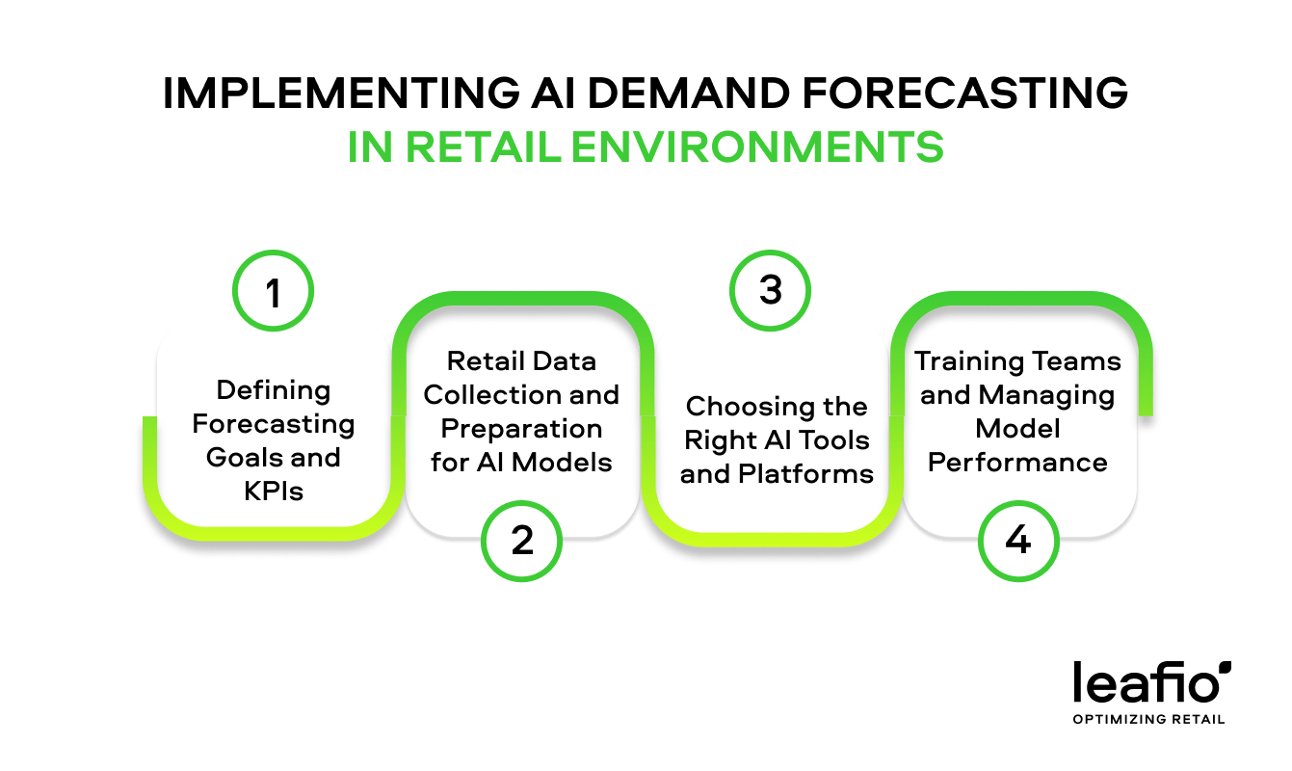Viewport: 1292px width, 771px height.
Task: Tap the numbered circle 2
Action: pyautogui.click(x=521, y=542)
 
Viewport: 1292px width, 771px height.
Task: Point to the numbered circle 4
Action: pyautogui.click(x=1017, y=542)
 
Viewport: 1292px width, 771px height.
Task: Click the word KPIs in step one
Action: pyautogui.click(x=274, y=491)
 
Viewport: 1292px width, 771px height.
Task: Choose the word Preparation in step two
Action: pyautogui.click(x=521, y=429)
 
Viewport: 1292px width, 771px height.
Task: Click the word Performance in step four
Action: pyautogui.click(x=1017, y=463)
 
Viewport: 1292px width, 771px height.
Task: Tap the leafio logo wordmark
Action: pyautogui.click(x=1143, y=683)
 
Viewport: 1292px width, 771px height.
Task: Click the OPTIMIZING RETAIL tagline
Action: pyautogui.click(x=1149, y=719)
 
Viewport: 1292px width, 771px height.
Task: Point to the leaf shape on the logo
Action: pyautogui.click(x=1224, y=666)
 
